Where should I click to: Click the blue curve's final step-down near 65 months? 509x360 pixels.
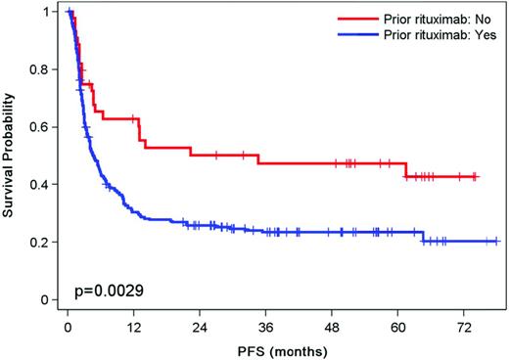coord(423,236)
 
